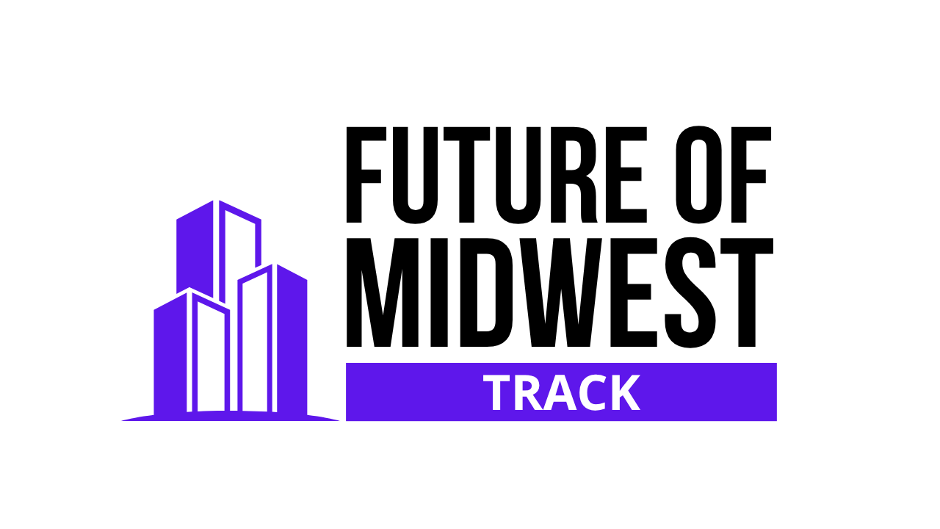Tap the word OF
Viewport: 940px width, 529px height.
point(723,175)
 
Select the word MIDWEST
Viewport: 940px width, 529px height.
point(560,293)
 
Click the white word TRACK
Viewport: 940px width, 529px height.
point(562,392)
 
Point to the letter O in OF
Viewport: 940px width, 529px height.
point(698,175)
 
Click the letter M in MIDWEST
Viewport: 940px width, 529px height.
point(383,293)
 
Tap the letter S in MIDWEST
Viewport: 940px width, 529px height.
point(690,293)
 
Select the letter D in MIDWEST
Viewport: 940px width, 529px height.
point(486,293)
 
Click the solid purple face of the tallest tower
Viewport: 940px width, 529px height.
point(195,248)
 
